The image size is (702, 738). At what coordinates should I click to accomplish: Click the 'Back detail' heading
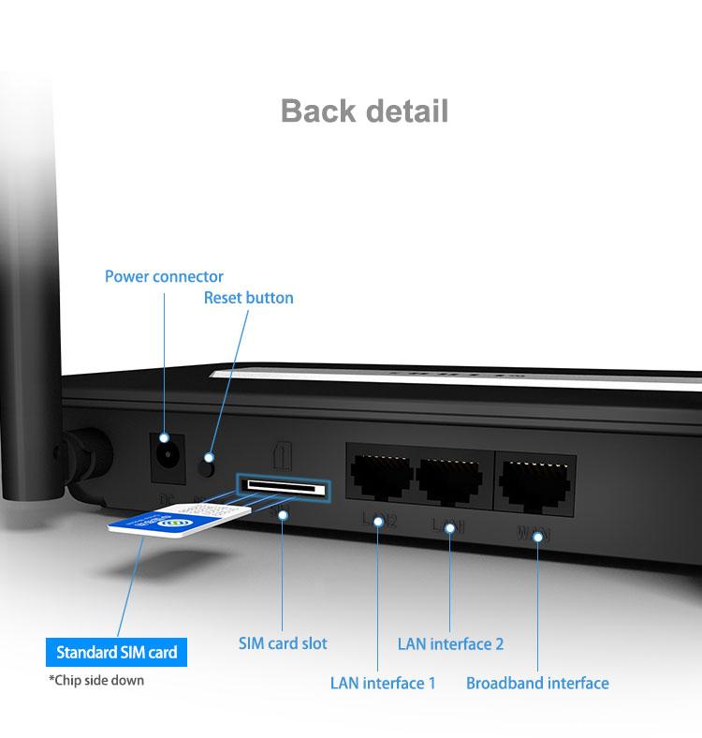[364, 110]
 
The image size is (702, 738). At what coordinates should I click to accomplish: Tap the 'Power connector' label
[164, 276]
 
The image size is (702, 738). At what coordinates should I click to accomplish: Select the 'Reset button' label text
[248, 298]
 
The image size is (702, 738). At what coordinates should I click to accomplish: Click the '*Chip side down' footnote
[96, 680]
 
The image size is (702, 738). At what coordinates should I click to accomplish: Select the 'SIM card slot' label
[283, 643]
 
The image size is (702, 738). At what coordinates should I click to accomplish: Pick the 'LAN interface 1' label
[383, 683]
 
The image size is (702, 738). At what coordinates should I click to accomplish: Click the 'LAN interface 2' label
[450, 643]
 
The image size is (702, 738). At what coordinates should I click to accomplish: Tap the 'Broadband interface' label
[537, 683]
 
